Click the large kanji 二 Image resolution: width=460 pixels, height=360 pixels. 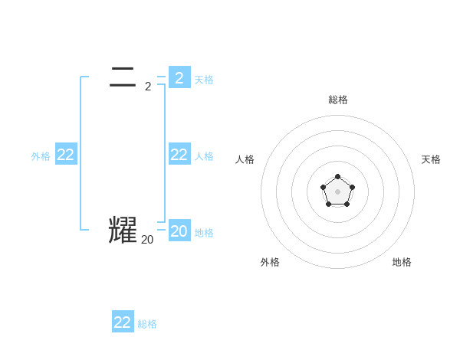click(123, 77)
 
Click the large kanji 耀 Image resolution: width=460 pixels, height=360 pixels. click(123, 231)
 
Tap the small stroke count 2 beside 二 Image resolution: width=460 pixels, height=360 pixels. click(148, 87)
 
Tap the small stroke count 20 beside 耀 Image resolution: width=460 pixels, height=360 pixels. click(147, 240)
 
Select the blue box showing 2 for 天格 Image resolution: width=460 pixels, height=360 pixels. click(179, 77)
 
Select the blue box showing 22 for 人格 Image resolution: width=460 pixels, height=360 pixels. click(179, 155)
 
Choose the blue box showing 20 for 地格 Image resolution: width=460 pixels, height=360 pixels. click(179, 231)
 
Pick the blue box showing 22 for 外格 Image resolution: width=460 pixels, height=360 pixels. click(66, 155)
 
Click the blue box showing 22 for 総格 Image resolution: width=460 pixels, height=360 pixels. click(123, 322)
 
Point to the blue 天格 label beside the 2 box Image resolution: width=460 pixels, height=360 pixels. click(204, 80)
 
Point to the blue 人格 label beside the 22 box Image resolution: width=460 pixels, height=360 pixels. click(204, 156)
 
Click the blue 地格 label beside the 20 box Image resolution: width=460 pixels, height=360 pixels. click(204, 233)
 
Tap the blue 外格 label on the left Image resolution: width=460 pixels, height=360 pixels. click(41, 156)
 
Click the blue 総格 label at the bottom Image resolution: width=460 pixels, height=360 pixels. click(147, 324)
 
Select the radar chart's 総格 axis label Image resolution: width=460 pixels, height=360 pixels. click(338, 100)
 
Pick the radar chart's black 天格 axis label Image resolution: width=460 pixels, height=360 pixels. click(431, 159)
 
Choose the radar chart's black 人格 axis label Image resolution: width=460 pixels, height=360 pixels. click(245, 159)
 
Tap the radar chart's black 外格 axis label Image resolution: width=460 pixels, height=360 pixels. click(270, 262)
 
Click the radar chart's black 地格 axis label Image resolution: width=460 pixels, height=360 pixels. click(402, 262)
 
